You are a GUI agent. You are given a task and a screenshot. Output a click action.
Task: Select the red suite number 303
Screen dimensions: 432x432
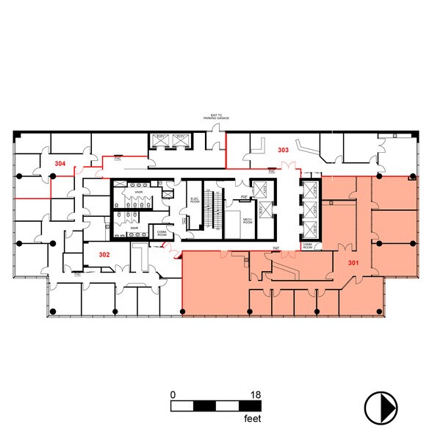283,150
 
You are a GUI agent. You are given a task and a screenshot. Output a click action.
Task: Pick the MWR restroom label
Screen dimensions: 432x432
134,228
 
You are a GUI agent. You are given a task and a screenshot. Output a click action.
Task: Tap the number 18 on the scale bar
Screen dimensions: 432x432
256,395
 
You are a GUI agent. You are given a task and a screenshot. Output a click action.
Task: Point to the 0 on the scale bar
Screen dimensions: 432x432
173,395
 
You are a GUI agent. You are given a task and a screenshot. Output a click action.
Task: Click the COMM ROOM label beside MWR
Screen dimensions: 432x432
162,233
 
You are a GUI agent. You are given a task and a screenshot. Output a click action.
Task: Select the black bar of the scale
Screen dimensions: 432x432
215,405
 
